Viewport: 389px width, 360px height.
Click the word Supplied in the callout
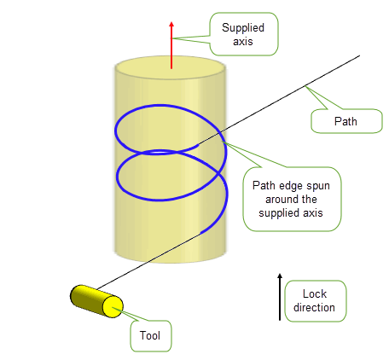pyautogui.click(x=243, y=28)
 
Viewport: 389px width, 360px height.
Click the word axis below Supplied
pyautogui.click(x=243, y=42)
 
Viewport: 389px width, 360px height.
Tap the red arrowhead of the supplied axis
pyautogui.click(x=171, y=25)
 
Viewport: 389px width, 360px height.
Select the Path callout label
pyautogui.click(x=345, y=121)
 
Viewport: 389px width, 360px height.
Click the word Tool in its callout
pyautogui.click(x=150, y=335)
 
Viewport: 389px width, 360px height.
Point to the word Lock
pyautogui.click(x=315, y=293)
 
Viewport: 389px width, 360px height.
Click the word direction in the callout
pyautogui.click(x=314, y=307)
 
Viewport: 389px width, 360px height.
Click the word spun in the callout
pyautogui.click(x=317, y=186)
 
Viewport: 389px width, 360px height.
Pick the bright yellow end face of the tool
pyautogui.click(x=113, y=306)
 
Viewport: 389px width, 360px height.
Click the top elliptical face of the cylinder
pyautogui.click(x=171, y=67)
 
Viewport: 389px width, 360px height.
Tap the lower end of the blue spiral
pyautogui.click(x=201, y=233)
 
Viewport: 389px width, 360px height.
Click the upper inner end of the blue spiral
pyautogui.click(x=197, y=146)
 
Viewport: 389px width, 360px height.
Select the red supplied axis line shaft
pyautogui.click(x=171, y=48)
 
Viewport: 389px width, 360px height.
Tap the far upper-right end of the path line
pyautogui.click(x=359, y=55)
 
